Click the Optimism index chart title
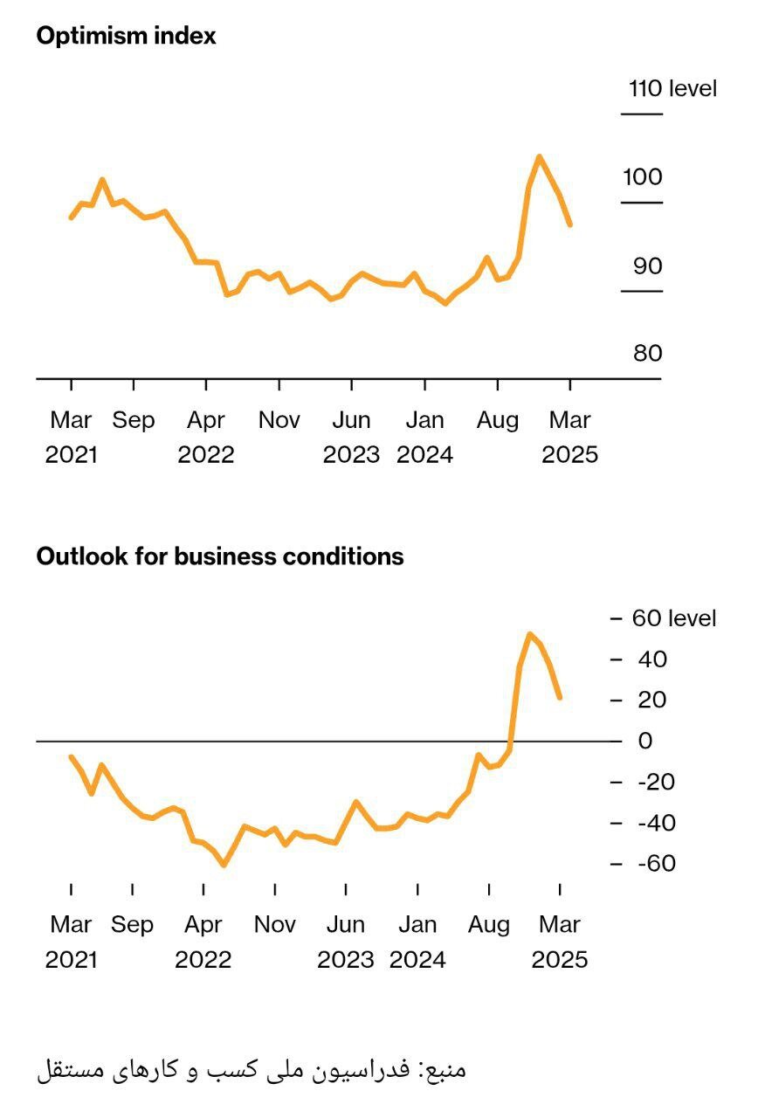click(126, 36)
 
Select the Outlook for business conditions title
click(219, 556)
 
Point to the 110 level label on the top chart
click(672, 88)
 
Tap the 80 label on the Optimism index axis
click(647, 354)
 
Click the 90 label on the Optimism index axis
click(647, 266)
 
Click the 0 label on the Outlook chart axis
click(645, 741)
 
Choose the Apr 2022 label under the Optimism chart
click(206, 437)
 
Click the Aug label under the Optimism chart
click(497, 420)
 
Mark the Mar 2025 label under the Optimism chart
click(569, 437)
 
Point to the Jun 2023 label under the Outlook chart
click(346, 942)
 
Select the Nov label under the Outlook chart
click(275, 924)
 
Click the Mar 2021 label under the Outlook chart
click(71, 942)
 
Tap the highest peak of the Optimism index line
click(540, 157)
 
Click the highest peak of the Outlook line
click(529, 634)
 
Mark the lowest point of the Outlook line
click(224, 865)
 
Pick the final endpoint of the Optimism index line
click(570, 225)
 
